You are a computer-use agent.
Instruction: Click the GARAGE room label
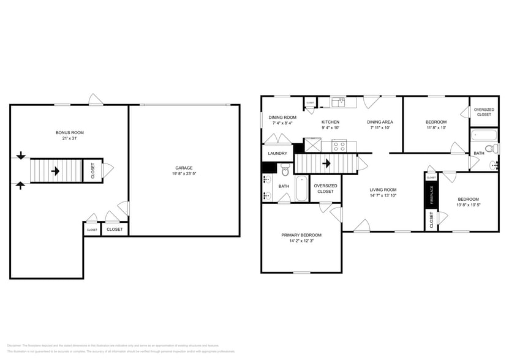tap(184, 167)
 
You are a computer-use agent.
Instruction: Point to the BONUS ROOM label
tap(69, 132)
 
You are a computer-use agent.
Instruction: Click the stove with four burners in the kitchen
tap(339, 146)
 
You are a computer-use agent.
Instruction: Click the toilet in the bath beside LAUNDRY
tap(285, 169)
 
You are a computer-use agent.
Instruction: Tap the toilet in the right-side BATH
tap(490, 148)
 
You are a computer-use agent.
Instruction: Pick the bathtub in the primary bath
tap(302, 189)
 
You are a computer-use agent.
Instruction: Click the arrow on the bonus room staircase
tap(55, 171)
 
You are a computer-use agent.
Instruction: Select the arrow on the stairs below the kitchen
tap(326, 163)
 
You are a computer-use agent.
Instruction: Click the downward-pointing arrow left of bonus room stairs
tap(21, 156)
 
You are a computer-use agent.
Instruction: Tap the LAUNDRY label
tap(277, 153)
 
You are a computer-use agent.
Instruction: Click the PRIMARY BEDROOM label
tap(301, 235)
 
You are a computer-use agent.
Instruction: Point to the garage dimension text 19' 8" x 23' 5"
tap(184, 174)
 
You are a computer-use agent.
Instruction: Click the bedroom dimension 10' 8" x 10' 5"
tap(469, 205)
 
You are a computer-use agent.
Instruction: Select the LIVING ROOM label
tap(383, 190)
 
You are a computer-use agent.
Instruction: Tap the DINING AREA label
tap(380, 122)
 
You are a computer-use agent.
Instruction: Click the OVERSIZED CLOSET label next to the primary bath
tap(325, 189)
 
